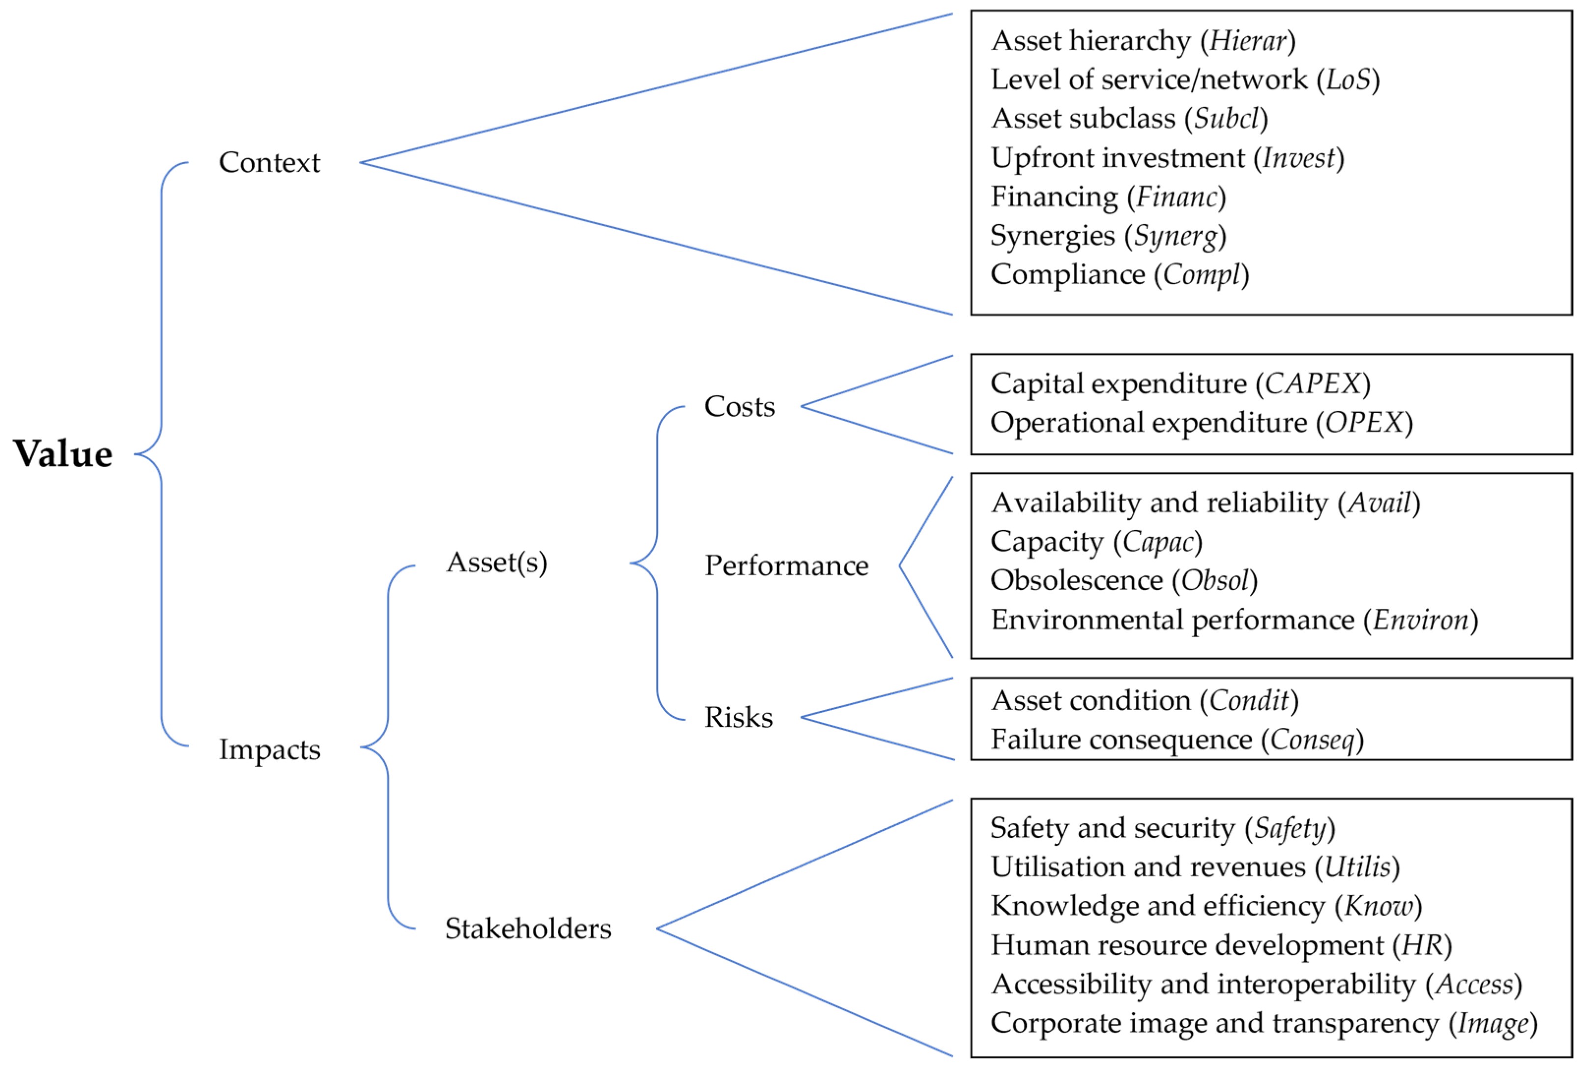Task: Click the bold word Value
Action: (x=63, y=454)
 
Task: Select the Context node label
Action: (x=269, y=162)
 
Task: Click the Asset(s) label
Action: (x=496, y=562)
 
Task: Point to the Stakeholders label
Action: (x=528, y=928)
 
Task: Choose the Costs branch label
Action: (x=740, y=406)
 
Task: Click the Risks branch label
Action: (x=738, y=717)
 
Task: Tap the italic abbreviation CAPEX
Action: (x=1313, y=384)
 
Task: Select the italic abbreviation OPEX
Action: (x=1364, y=422)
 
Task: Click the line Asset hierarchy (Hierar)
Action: (x=1143, y=41)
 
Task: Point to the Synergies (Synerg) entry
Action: (x=1108, y=236)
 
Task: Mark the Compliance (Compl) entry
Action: (x=1119, y=275)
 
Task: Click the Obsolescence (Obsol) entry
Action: (x=1124, y=581)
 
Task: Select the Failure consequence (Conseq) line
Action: (x=1177, y=740)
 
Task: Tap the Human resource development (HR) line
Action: (x=1221, y=945)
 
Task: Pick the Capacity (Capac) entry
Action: (x=1096, y=542)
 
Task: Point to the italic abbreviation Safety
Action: (x=1290, y=828)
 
